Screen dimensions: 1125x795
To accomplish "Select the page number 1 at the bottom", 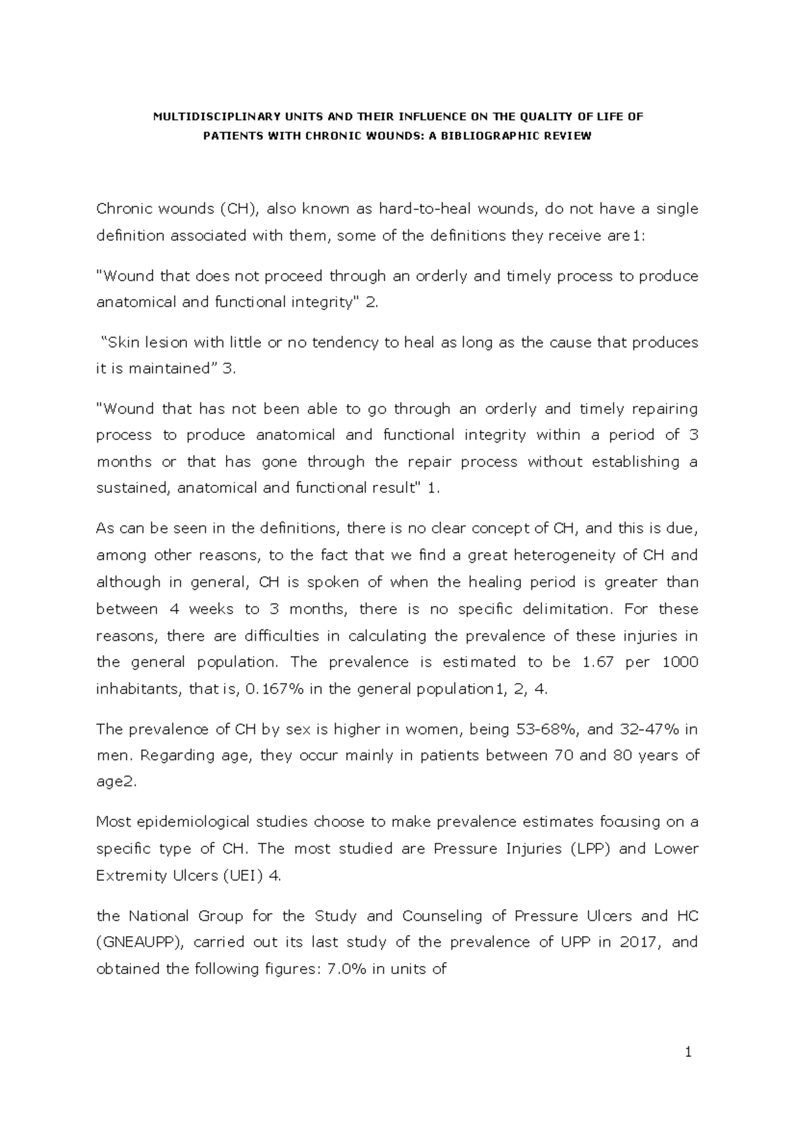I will [x=689, y=1052].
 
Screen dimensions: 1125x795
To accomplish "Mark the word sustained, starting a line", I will [x=133, y=488].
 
